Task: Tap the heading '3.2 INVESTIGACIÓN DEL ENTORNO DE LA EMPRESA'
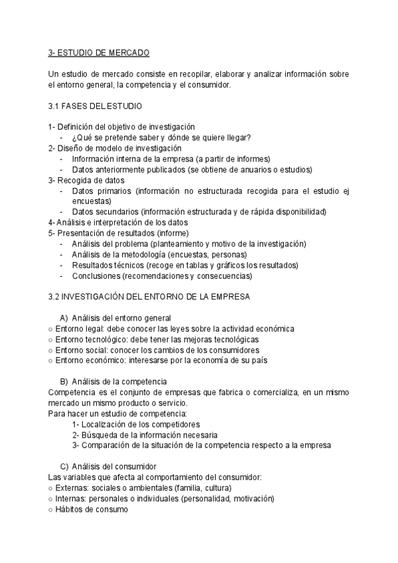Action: click(149, 297)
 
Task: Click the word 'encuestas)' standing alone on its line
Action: click(91, 201)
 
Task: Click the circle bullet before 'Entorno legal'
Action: click(51, 329)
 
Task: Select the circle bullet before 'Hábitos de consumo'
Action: click(51, 509)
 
